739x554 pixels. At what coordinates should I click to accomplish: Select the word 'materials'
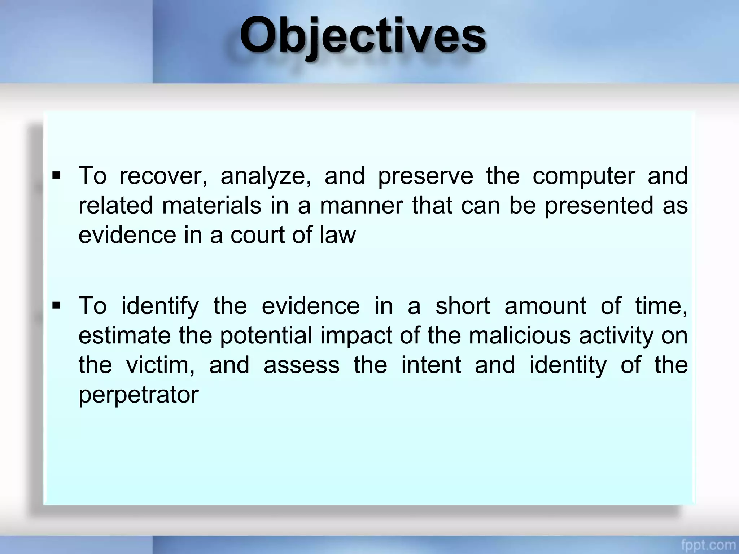pyautogui.click(x=211, y=206)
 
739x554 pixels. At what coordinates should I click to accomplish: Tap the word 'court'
pyautogui.click(x=258, y=235)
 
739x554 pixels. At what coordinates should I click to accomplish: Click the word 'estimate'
pyautogui.click(x=124, y=336)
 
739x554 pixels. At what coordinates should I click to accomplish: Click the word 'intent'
pyautogui.click(x=431, y=365)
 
